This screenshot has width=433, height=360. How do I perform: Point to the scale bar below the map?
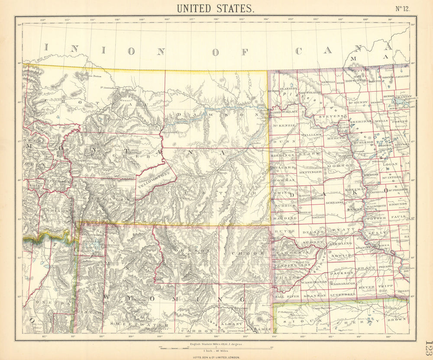tap(214, 347)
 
